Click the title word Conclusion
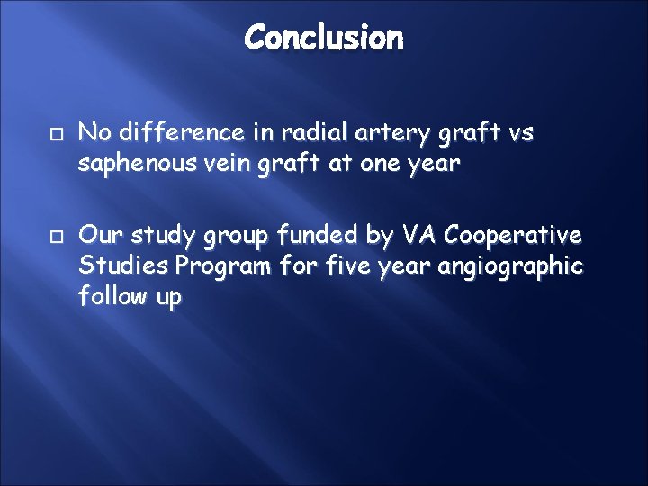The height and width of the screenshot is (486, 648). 324,38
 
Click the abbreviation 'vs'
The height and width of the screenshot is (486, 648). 521,134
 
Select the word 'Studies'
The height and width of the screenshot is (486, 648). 123,267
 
